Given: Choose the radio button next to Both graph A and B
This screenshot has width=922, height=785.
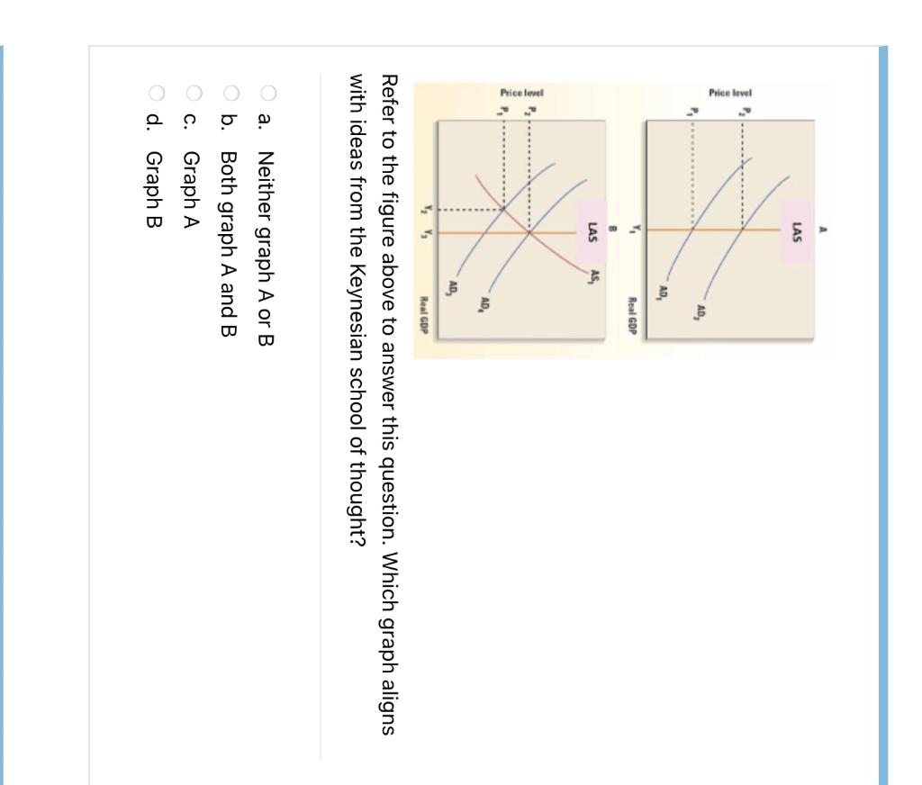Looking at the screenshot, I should click(x=230, y=91).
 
